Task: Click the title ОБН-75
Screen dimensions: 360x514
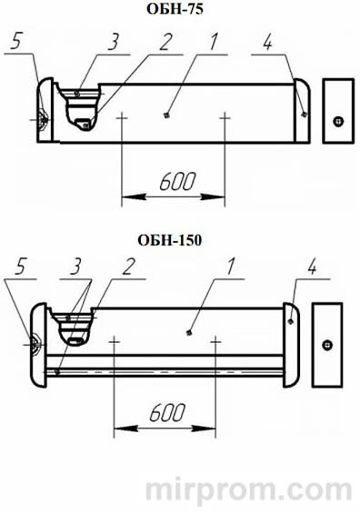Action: (x=175, y=8)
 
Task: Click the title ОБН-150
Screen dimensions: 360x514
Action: (x=170, y=240)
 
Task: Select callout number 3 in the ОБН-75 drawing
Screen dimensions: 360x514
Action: (x=113, y=42)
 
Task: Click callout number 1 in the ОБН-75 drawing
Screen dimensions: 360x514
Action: (x=213, y=41)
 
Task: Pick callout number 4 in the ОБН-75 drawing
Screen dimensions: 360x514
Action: (x=267, y=42)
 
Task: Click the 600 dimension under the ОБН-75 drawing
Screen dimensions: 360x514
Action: (x=177, y=181)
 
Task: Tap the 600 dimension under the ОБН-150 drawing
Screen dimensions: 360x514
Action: (x=167, y=412)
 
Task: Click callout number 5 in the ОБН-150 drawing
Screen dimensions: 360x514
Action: (x=20, y=267)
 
